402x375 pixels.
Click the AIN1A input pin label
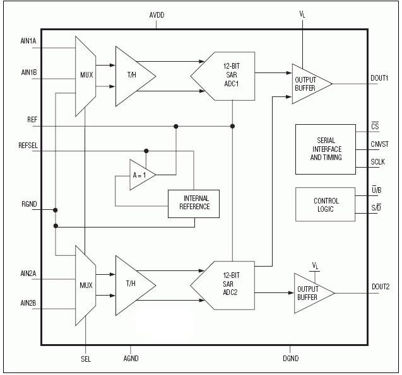[x=28, y=41]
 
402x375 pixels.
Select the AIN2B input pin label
[x=28, y=304]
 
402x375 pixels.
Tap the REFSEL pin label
[x=28, y=145]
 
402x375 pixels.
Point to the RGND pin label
[x=29, y=204]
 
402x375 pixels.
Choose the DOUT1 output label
[x=379, y=78]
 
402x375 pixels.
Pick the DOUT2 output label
[x=380, y=287]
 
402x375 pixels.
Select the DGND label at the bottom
[x=290, y=358]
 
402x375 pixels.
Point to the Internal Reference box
[x=194, y=203]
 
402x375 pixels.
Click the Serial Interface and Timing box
[x=326, y=149]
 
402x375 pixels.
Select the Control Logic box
[x=326, y=205]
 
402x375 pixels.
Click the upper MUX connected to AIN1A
[x=86, y=76]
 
